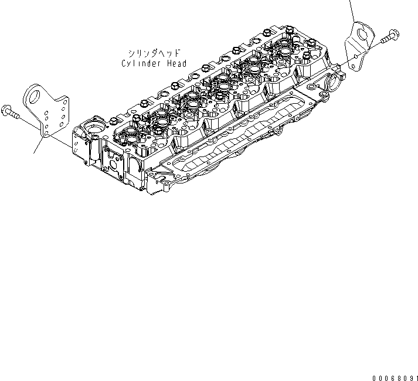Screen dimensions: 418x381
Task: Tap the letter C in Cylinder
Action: (124, 63)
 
